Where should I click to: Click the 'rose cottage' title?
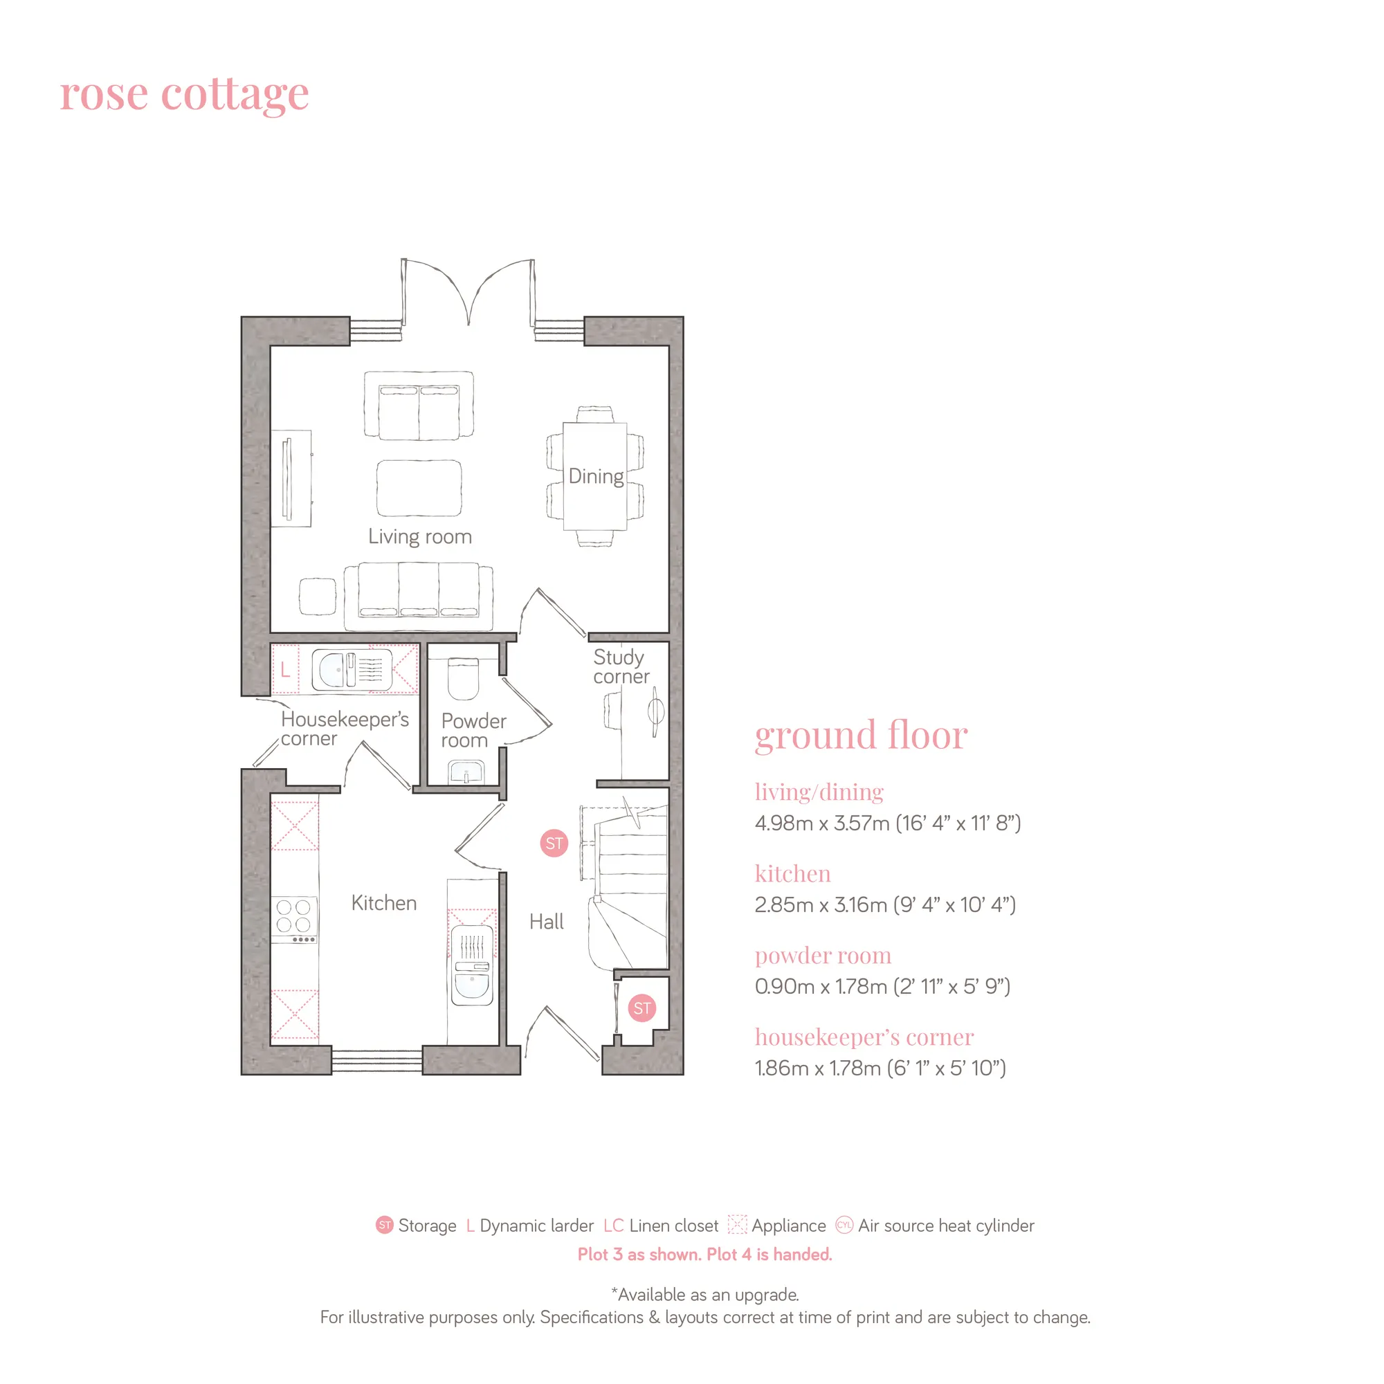pos(184,94)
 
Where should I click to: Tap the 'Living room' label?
pos(420,537)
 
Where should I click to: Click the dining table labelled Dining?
pos(595,476)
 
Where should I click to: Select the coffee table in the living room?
pos(419,488)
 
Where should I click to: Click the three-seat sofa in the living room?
pos(419,596)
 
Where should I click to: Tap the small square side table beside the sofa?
pos(318,597)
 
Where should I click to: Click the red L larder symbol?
pos(285,670)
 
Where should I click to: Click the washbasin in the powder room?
pos(466,772)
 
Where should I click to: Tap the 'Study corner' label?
pos(621,667)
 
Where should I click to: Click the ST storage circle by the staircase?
pos(554,843)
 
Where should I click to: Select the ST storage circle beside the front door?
pos(642,1009)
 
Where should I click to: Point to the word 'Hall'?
pos(547,922)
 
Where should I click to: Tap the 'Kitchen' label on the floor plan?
pos(384,903)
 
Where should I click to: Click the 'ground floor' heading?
pos(861,736)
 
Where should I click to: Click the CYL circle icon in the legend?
pos(844,1225)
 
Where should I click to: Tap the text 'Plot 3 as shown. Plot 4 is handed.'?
pos(705,1255)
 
